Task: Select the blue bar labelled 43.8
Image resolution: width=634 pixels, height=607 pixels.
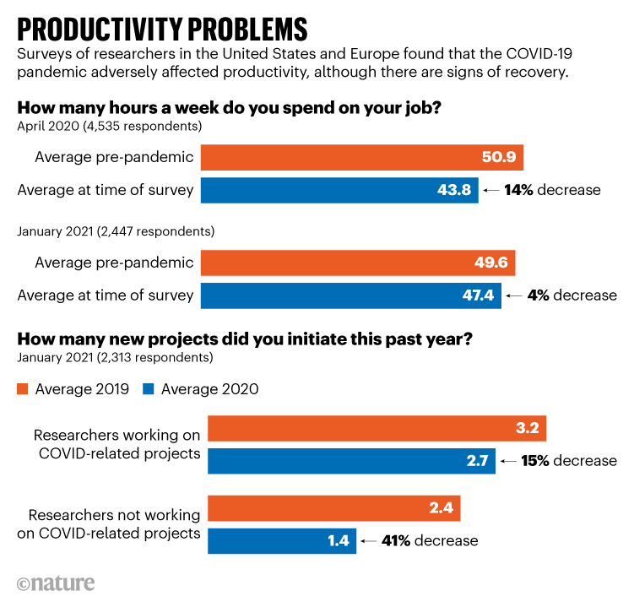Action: (x=340, y=190)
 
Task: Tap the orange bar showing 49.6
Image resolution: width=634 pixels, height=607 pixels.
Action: (x=359, y=263)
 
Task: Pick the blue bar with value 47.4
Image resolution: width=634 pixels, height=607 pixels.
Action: (x=351, y=295)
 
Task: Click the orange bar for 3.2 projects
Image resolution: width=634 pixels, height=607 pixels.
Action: (x=377, y=428)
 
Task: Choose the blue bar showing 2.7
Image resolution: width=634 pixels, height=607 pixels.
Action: (x=351, y=461)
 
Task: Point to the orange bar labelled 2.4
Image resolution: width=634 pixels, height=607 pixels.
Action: (x=333, y=508)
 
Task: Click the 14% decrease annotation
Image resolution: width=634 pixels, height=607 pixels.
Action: (x=552, y=190)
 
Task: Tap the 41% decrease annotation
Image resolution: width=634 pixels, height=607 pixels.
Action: (x=430, y=540)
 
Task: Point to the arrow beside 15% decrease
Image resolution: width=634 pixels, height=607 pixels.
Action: (x=507, y=462)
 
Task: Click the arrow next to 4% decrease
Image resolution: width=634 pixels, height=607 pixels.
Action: (x=512, y=295)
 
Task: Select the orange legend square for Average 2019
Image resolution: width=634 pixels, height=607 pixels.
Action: (x=24, y=389)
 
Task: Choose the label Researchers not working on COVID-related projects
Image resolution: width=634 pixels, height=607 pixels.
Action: (x=114, y=523)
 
